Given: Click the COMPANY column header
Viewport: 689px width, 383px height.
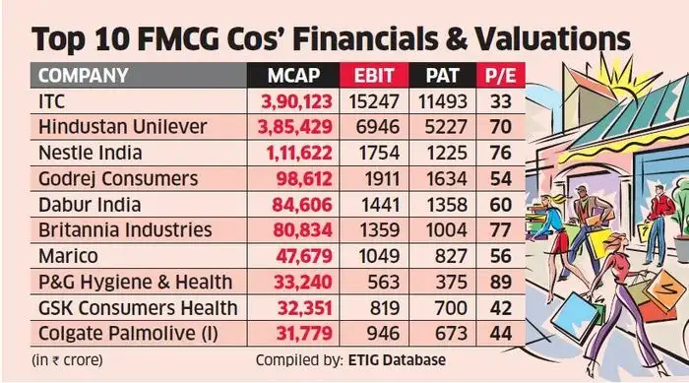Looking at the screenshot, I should [86, 75].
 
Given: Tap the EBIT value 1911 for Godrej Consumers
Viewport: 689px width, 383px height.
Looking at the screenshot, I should [375, 178].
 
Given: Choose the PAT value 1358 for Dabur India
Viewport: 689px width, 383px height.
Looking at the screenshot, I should [440, 204].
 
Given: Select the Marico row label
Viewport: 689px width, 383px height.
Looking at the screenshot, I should [67, 256].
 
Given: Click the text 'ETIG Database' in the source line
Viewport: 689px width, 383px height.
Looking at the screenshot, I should [391, 358].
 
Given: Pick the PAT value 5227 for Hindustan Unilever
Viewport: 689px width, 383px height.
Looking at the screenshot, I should [440, 127].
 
